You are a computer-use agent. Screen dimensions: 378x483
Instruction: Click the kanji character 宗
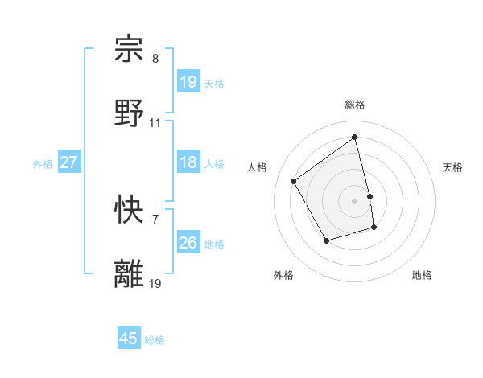pos(130,50)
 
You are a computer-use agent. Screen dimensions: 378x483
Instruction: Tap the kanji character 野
pos(130,113)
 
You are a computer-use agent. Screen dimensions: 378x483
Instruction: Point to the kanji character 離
pos(130,273)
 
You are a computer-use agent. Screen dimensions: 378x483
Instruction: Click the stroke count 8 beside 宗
pos(155,59)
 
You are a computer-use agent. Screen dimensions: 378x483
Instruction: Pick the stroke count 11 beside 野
pos(155,122)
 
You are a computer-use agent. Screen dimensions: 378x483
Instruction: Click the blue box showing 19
pos(188,82)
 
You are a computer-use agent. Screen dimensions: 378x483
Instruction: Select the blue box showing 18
pos(188,162)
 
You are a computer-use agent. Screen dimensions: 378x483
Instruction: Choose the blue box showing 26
pos(188,243)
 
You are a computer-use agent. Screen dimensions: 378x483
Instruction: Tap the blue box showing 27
pos(68,162)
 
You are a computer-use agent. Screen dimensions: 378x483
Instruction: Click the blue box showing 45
pos(129,339)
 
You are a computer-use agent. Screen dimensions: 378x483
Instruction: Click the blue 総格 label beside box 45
pos(155,340)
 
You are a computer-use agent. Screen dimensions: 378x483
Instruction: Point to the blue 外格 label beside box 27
pos(43,164)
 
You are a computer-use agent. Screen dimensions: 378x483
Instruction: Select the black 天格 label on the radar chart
pos(452,167)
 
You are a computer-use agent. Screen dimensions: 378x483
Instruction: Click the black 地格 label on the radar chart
pos(422,275)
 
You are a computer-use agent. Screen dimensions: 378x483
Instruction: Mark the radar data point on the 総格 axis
pos(355,138)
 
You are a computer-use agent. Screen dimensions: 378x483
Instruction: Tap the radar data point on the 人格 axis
pos(294,182)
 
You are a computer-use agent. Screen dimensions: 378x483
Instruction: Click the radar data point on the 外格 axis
pos(326,240)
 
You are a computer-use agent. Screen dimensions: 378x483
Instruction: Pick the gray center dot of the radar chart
pos(355,201)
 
